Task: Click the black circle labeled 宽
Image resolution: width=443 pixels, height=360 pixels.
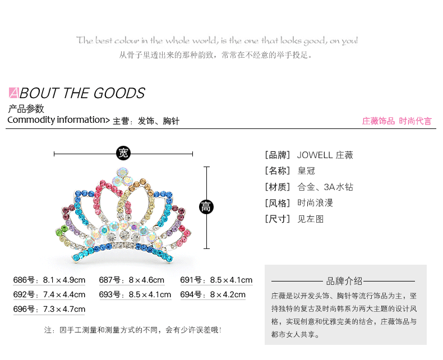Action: pyautogui.click(x=123, y=153)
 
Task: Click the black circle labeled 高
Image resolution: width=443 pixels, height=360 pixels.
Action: pyautogui.click(x=206, y=207)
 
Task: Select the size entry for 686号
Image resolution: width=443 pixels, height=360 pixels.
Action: pyautogui.click(x=49, y=280)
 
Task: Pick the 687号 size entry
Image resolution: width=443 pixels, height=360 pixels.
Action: pyautogui.click(x=132, y=280)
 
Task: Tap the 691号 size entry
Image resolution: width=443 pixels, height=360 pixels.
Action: pyautogui.click(x=216, y=280)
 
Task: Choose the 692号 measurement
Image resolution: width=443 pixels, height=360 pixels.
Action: pyautogui.click(x=49, y=294)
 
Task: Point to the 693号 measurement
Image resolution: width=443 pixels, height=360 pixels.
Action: pyautogui.click(x=135, y=294)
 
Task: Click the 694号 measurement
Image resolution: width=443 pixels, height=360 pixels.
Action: pyautogui.click(x=213, y=294)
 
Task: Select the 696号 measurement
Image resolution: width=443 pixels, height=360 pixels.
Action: pyautogui.click(x=49, y=309)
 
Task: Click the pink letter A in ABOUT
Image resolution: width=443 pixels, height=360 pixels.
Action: pyautogui.click(x=14, y=93)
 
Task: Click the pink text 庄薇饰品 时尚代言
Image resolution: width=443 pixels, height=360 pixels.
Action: pyautogui.click(x=397, y=121)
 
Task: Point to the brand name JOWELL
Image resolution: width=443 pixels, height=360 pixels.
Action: pyautogui.click(x=315, y=155)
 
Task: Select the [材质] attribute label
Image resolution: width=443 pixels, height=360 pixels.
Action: pyautogui.click(x=278, y=187)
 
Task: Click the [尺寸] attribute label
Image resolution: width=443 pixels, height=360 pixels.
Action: pyautogui.click(x=278, y=219)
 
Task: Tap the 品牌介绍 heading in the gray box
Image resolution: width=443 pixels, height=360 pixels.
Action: pyautogui.click(x=344, y=281)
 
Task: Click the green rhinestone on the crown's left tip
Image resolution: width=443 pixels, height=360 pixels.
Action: pyautogui.click(x=58, y=230)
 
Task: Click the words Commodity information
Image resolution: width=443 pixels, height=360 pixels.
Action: pyautogui.click(x=56, y=120)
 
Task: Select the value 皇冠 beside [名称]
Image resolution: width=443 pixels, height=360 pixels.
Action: pyautogui.click(x=306, y=171)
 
